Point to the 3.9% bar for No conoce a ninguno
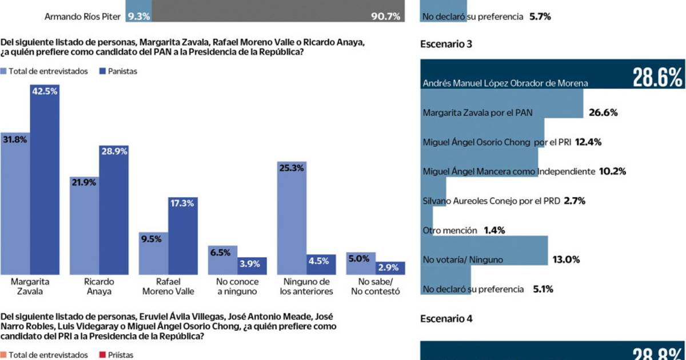tap(252, 267)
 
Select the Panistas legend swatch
tap(103, 71)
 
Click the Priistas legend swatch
tap(103, 355)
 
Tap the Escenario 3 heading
tap(446, 44)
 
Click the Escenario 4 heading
tap(446, 319)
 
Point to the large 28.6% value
tap(657, 77)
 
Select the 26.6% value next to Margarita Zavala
tap(603, 113)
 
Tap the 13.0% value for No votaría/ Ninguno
tap(566, 259)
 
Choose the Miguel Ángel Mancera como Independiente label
tap(508, 171)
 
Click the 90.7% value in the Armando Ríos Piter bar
tap(385, 17)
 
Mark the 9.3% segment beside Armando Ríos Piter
tap(139, 17)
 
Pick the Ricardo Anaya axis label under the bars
tap(99, 286)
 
